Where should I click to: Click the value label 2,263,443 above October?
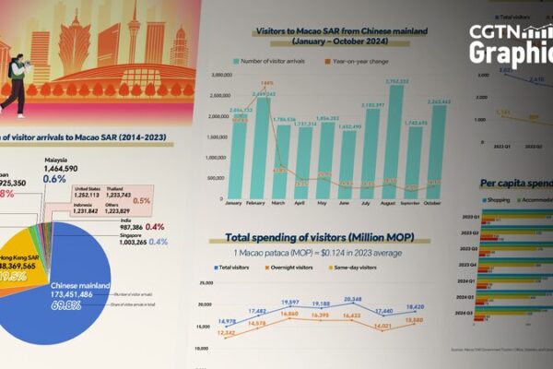[x=437, y=101]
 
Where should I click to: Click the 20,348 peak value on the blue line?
[x=352, y=300]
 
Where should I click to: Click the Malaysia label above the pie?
[x=58, y=159]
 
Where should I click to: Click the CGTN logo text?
[x=511, y=34]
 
